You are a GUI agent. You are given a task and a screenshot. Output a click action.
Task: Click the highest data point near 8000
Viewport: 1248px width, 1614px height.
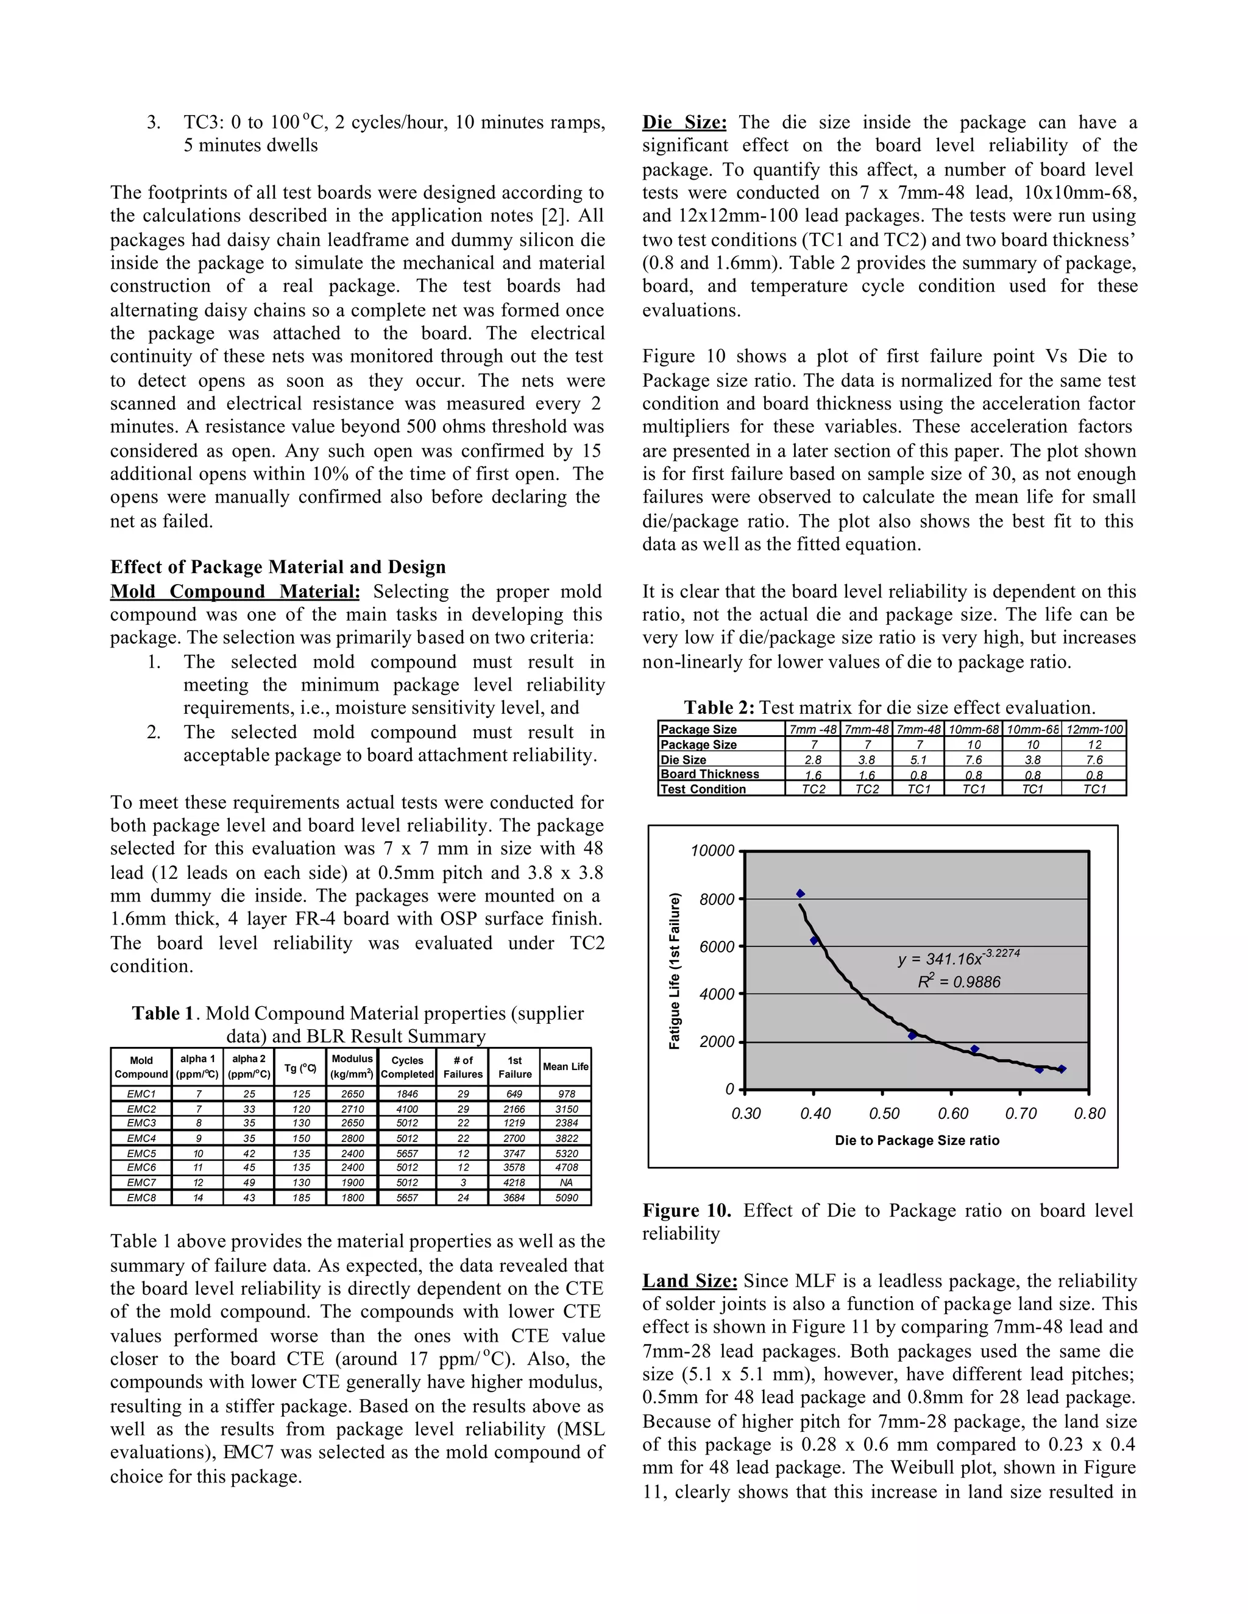click(800, 893)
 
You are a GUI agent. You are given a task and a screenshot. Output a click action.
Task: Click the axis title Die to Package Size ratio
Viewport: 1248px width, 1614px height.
click(916, 1140)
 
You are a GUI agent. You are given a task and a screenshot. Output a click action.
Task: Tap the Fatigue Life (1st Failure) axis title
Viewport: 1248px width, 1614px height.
click(675, 971)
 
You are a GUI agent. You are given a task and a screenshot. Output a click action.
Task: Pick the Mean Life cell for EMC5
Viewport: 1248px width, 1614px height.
click(565, 1153)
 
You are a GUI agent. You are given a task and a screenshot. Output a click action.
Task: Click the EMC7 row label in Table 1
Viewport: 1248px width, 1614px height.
click(141, 1182)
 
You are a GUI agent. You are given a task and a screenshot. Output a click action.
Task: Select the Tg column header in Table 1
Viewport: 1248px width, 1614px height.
click(300, 1067)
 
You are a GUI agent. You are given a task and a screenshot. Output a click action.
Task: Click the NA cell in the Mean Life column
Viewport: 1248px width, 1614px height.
click(565, 1182)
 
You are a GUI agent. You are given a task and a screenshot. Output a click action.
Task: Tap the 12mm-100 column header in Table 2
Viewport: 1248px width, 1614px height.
click(1093, 730)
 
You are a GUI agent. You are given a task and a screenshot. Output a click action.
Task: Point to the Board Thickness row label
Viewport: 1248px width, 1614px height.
click(709, 774)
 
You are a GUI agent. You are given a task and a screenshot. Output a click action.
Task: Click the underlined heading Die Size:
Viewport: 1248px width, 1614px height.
click(684, 122)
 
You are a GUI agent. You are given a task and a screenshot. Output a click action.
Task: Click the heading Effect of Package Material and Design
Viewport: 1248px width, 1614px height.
click(278, 567)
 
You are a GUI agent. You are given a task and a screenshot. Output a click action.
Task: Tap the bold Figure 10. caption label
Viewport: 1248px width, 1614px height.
click(686, 1211)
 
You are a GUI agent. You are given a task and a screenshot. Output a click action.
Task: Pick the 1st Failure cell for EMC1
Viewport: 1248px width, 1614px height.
click(514, 1094)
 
